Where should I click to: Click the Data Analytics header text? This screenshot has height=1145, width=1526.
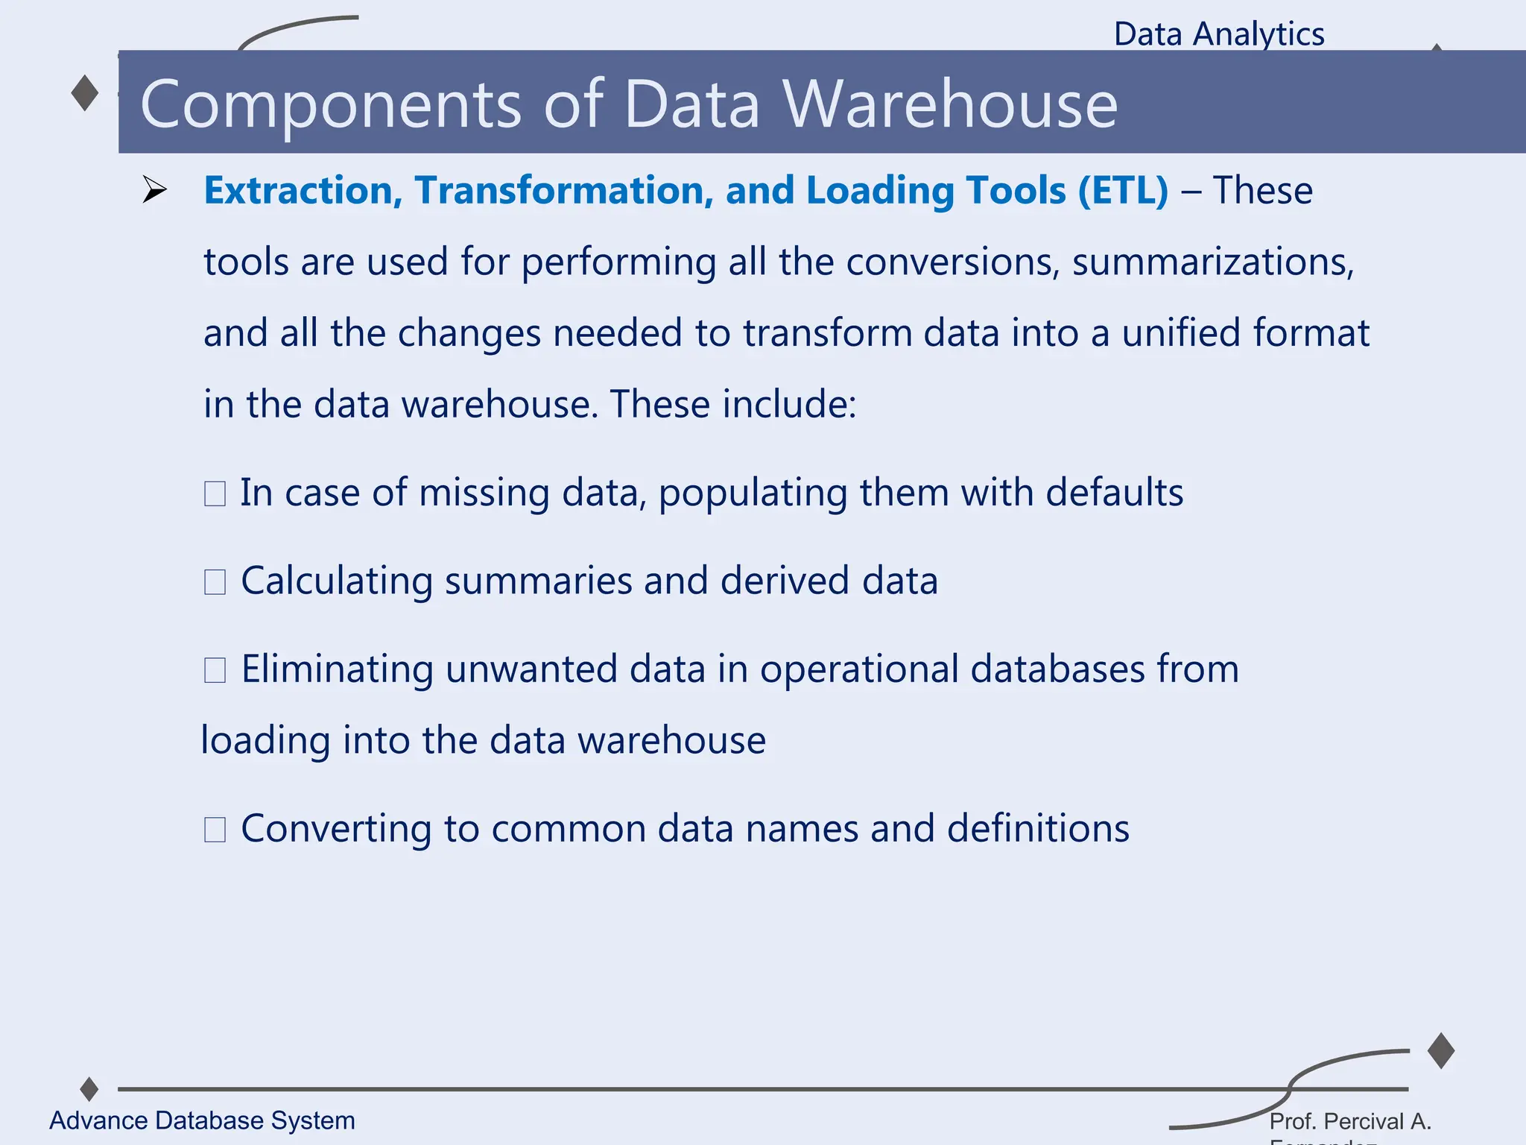coord(1219,34)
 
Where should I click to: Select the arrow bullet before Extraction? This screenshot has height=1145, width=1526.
coord(154,190)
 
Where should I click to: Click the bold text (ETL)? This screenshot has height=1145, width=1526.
coord(1123,191)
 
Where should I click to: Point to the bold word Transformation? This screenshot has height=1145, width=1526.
coord(558,190)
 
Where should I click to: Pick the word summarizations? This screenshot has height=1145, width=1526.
coord(1212,262)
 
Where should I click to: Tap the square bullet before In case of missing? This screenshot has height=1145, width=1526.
coord(215,493)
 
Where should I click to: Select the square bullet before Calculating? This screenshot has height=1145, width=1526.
coord(215,581)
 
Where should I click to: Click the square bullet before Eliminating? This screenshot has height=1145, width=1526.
coord(215,669)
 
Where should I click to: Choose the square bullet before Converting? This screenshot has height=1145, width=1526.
coord(215,829)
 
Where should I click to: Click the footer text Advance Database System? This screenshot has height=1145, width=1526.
coord(202,1120)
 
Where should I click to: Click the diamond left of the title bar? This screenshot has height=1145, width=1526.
coord(85,93)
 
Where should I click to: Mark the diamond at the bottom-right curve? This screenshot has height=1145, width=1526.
coord(1441,1050)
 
